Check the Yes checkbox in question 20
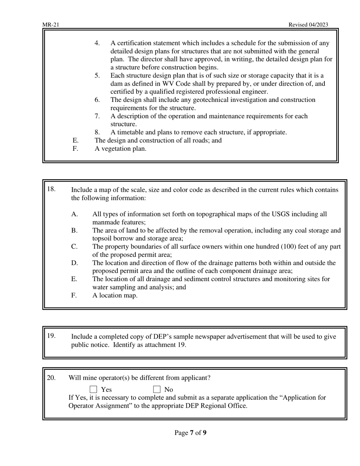94,389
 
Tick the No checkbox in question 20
157,389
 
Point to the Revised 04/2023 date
308,25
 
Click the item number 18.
51,189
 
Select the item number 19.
51,336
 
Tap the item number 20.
51,378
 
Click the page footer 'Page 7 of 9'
190,433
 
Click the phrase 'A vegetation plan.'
120,149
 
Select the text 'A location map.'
115,296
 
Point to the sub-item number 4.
97,43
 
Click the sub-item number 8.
97,132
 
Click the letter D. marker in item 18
74,263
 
